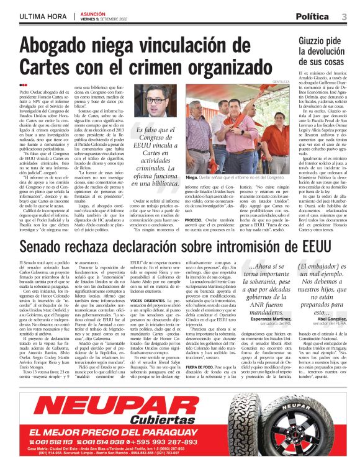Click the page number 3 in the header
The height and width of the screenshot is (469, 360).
tap(344, 16)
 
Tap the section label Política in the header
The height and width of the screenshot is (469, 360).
tap(312, 16)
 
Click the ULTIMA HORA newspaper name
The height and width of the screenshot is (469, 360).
tap(41, 16)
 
